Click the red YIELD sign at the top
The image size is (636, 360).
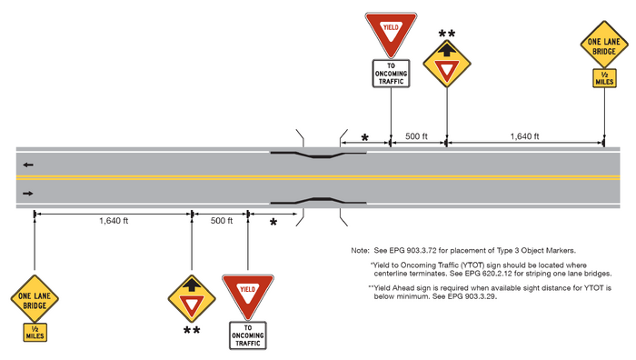pyautogui.click(x=391, y=33)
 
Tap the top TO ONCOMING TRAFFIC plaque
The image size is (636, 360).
pyautogui.click(x=391, y=73)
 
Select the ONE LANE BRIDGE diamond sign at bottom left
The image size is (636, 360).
pyautogui.click(x=34, y=299)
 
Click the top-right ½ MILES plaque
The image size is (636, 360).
pyautogui.click(x=605, y=80)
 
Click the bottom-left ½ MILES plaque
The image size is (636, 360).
pyautogui.click(x=34, y=333)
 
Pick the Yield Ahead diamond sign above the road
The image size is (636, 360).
pyautogui.click(x=447, y=65)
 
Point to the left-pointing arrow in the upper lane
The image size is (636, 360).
pyautogui.click(x=30, y=165)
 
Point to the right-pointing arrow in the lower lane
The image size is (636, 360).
pyautogui.click(x=30, y=193)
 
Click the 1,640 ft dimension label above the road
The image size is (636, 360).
pyautogui.click(x=524, y=135)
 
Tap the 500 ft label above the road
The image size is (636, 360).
pyautogui.click(x=418, y=135)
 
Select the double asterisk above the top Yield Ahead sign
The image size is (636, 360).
pyautogui.click(x=447, y=35)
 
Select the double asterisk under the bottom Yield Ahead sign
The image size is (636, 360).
pyautogui.click(x=192, y=330)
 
